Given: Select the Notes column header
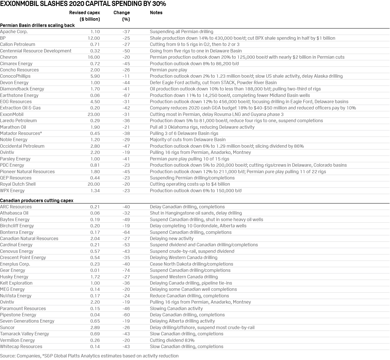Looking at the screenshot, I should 156,13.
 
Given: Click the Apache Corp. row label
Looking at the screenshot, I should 14,32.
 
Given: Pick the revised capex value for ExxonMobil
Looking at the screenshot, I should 94,114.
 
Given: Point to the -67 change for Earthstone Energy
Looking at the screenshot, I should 126,95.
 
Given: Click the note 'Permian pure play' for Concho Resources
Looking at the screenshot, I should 168,70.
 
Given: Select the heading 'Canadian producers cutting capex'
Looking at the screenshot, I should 37,200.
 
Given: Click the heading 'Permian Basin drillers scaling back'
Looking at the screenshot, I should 37,25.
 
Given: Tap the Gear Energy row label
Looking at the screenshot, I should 12,270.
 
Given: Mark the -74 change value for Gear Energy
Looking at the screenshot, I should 126,270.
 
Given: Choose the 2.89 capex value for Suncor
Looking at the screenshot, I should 95,327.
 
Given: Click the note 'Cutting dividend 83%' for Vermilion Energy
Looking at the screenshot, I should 172,340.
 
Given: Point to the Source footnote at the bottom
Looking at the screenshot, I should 89,356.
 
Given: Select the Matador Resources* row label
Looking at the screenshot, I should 21,133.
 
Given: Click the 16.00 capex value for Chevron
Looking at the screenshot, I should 94,57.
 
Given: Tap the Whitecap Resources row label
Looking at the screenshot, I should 21,346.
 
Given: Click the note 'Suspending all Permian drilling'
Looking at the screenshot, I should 181,32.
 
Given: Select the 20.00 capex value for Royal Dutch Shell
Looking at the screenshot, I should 94,184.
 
